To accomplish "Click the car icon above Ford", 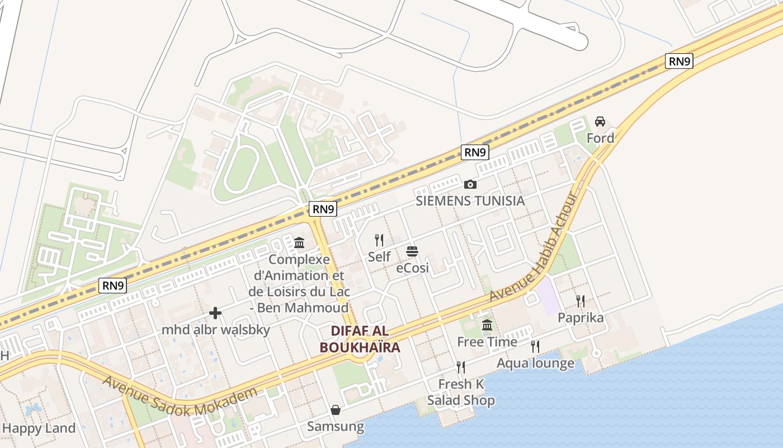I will pos(600,122).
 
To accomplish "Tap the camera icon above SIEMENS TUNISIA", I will pos(470,184).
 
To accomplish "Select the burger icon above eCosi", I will pos(412,251).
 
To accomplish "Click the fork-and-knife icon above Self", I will pos(379,240).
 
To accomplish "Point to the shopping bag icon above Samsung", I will pos(336,410).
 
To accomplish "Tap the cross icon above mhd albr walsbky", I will pos(215,313).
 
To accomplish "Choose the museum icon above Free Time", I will pos(487,325).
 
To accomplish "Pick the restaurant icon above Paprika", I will pos(581,301).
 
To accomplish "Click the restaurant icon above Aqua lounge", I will pos(535,347).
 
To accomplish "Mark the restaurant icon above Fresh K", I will pos(461,367).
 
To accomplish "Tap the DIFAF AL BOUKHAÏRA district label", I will pos(360,339).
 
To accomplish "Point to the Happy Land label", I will pos(39,428).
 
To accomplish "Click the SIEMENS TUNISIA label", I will pos(470,200).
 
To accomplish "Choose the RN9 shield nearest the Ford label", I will pos(679,61).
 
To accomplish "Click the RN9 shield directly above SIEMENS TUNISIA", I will pos(475,152).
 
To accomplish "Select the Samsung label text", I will pos(336,427).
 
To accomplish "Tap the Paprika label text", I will pos(581,318).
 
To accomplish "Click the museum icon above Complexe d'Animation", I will pos(299,243).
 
